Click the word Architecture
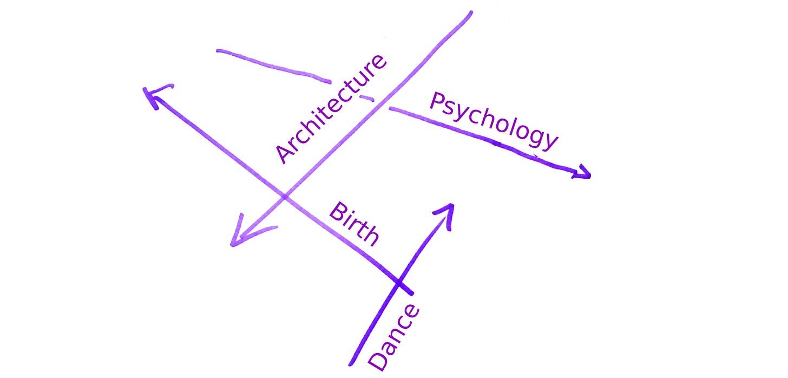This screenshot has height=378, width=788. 331,108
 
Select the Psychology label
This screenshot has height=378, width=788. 492,121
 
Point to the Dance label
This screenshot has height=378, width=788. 393,337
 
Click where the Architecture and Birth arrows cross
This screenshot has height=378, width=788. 285,195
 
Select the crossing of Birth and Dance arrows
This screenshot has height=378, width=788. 399,283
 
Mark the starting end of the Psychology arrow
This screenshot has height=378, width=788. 218,51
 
